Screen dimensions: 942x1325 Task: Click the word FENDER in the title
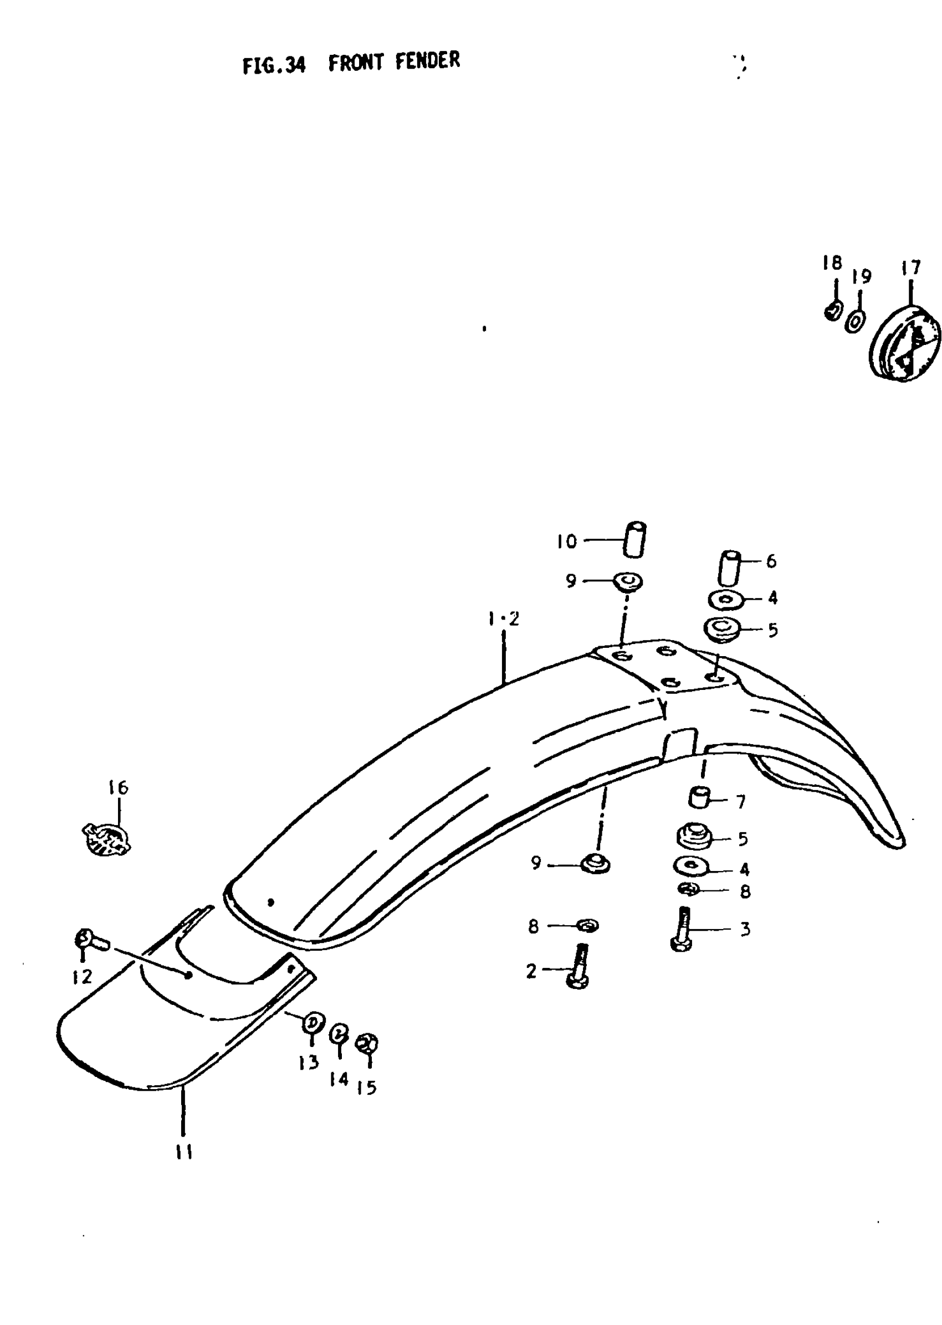427,60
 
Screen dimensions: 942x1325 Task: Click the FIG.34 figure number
273,65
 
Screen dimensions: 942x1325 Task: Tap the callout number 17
910,268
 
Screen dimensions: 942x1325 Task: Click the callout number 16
119,787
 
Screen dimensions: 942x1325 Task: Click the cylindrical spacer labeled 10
635,539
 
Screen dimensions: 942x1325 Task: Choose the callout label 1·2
504,620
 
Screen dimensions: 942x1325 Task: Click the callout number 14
339,1079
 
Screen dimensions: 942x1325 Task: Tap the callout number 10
567,542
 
